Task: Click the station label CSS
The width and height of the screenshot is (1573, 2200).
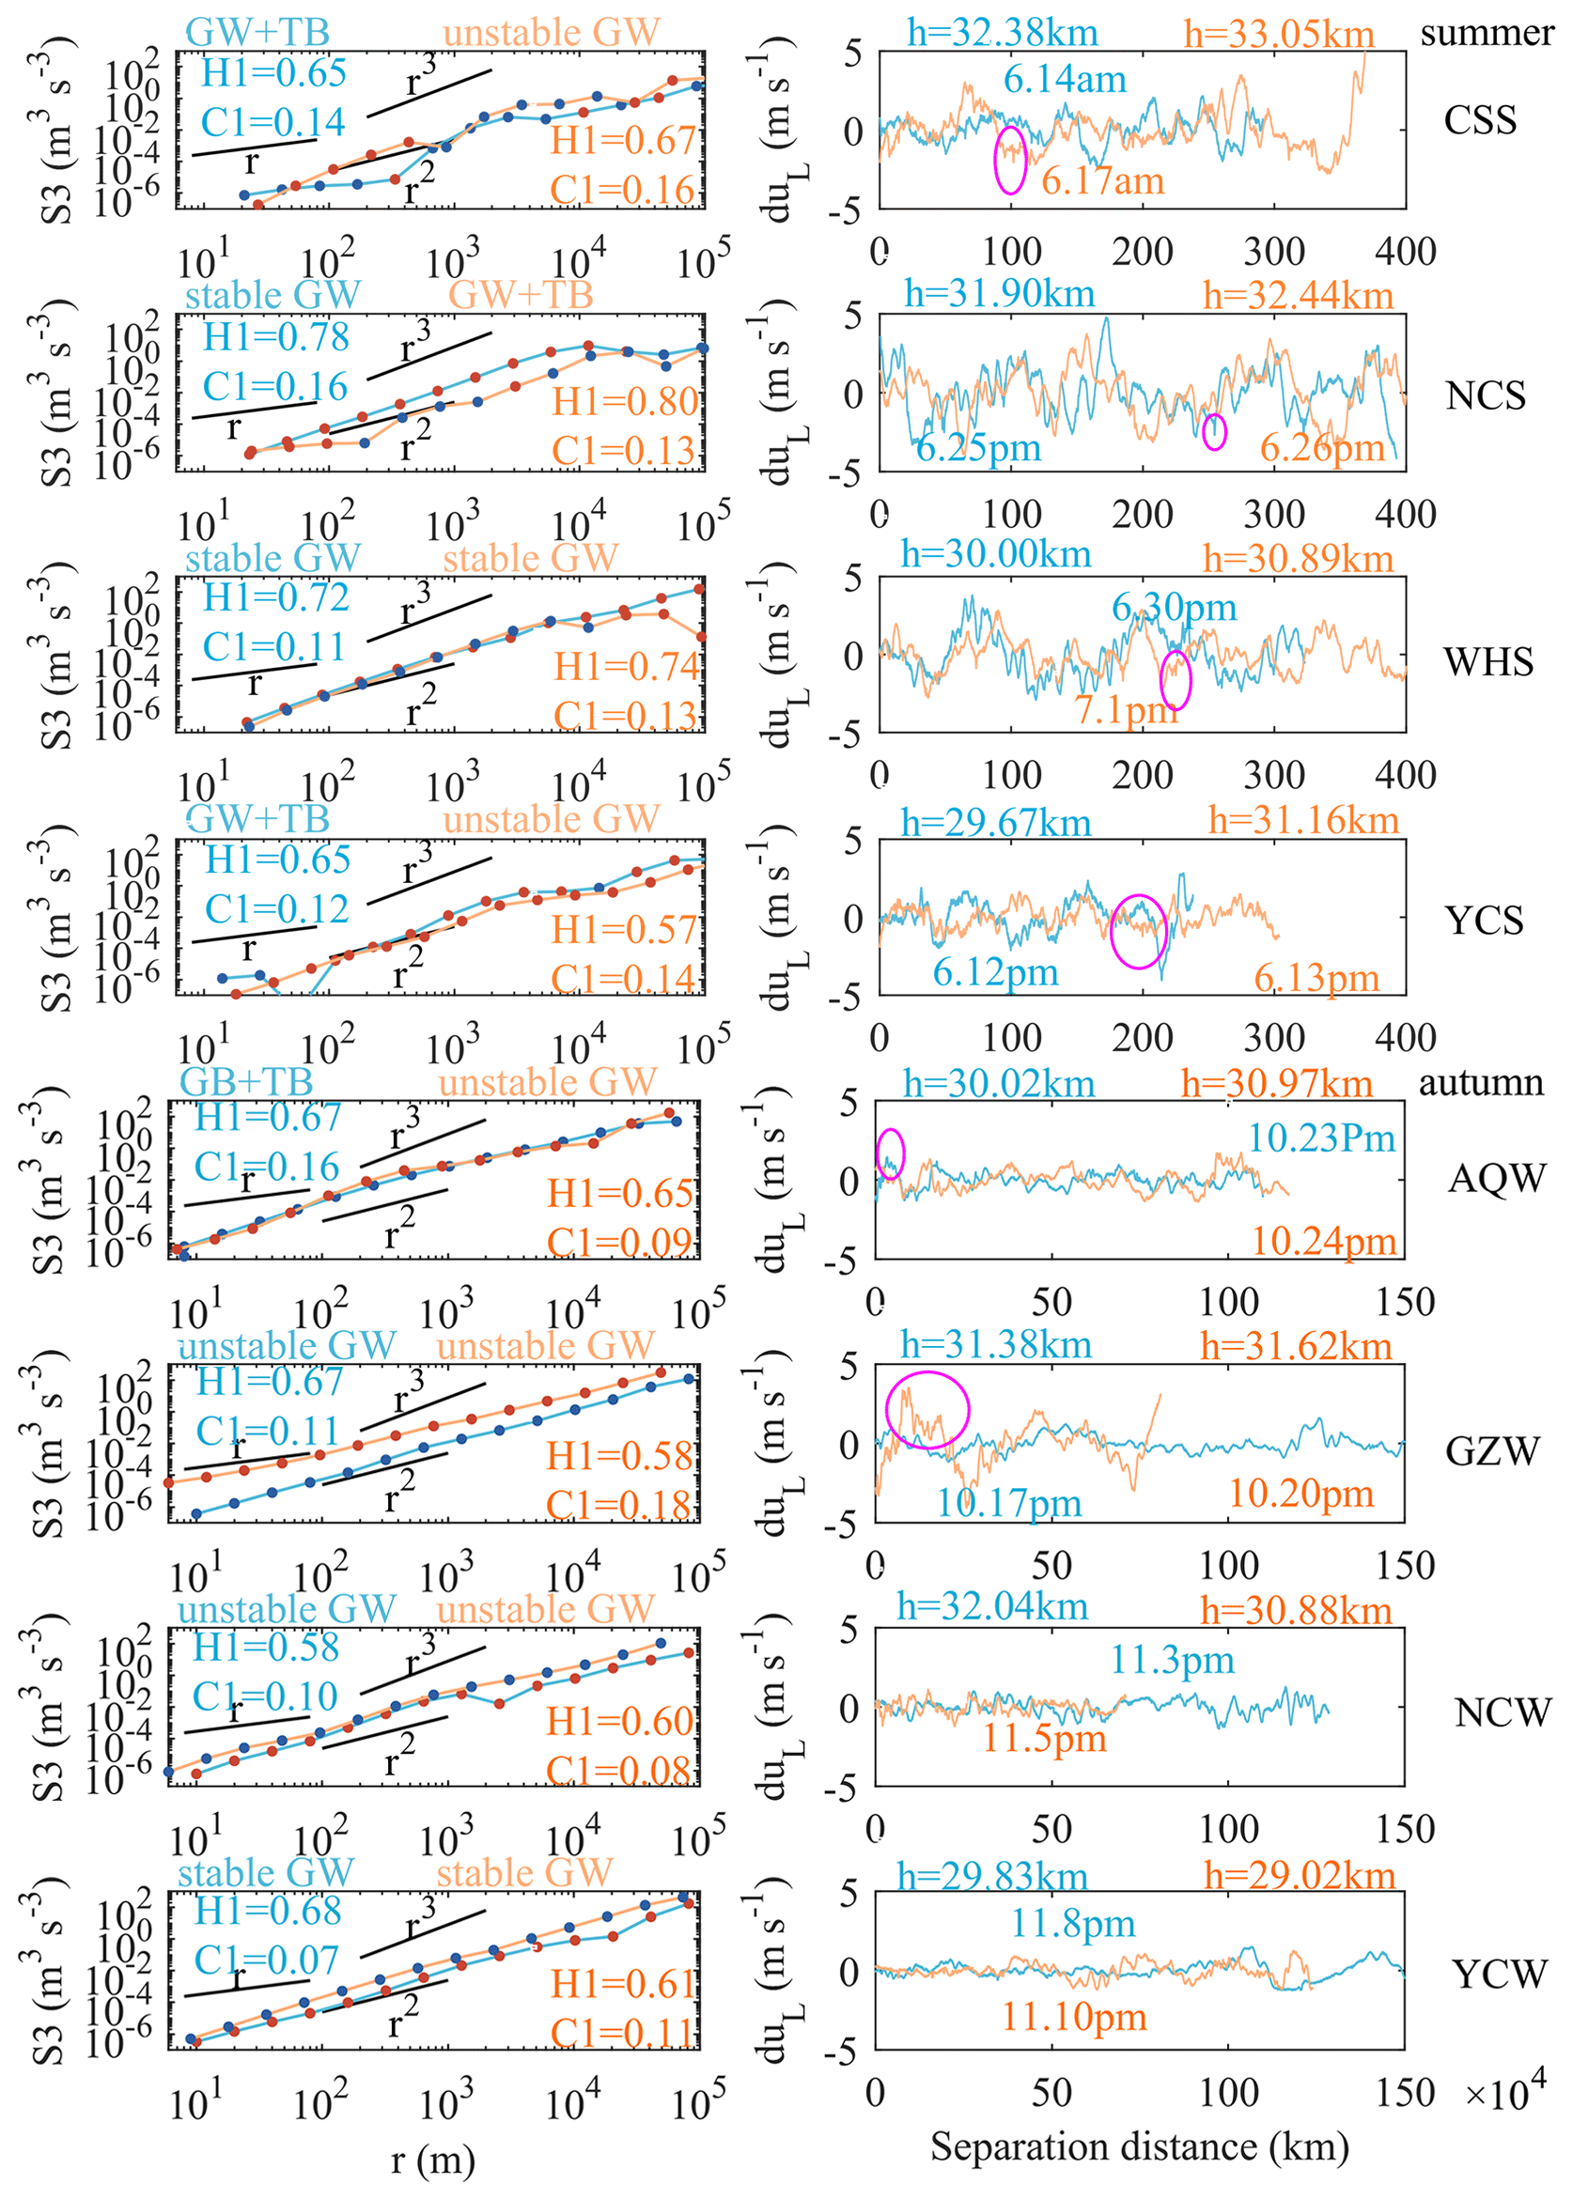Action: [x=1479, y=120]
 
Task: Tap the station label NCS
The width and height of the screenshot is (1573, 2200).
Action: [x=1485, y=395]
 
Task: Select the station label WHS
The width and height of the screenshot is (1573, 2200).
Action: [x=1487, y=661]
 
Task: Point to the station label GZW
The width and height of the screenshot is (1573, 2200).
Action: [x=1491, y=1450]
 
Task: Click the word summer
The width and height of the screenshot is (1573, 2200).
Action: [x=1487, y=33]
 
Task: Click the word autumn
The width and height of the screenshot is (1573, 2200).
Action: [x=1481, y=1081]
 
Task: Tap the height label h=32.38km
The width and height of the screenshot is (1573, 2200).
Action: [x=1003, y=33]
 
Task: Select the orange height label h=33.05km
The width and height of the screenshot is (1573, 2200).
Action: [x=1279, y=35]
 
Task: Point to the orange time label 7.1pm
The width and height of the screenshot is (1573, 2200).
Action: [x=1126, y=710]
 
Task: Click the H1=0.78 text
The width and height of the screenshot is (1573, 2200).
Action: [x=276, y=337]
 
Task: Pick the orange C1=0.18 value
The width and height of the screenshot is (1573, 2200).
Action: [x=620, y=1505]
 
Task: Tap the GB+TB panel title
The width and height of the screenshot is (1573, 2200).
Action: [x=246, y=1080]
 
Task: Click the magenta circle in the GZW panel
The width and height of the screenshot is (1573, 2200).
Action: [x=927, y=1409]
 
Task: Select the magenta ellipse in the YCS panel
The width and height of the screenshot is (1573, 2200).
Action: [x=1139, y=931]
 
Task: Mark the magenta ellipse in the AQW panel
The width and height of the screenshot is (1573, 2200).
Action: [x=890, y=1154]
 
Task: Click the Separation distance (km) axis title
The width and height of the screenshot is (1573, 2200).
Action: [x=1139, y=2146]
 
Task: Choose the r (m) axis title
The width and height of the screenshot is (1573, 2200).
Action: [x=433, y=2159]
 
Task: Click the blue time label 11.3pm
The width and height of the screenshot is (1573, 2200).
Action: [x=1172, y=1660]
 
